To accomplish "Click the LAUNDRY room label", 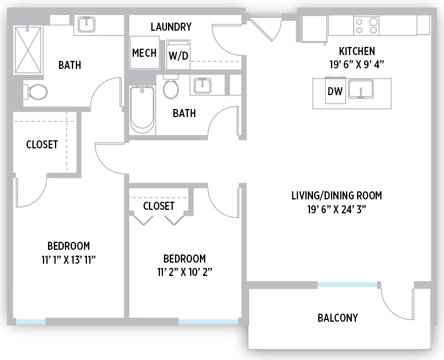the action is click(x=171, y=27).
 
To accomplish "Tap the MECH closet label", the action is click(x=144, y=53).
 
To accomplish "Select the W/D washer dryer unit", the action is click(x=179, y=54).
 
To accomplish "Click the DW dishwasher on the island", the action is click(x=335, y=90).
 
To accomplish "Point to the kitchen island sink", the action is click(x=361, y=89).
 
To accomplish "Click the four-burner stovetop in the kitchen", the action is click(x=366, y=26).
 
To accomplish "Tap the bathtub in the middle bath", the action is click(x=142, y=110).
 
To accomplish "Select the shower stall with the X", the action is click(x=28, y=50).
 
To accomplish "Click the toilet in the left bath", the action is click(x=35, y=92).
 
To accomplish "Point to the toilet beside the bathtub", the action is click(x=171, y=87).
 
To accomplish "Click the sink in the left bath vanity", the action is click(x=86, y=24).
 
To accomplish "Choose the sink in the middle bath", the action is click(x=202, y=86).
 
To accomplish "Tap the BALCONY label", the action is click(x=337, y=318).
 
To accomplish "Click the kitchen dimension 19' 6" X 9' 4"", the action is click(x=356, y=64).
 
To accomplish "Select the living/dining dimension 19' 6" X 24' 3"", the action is click(x=337, y=210).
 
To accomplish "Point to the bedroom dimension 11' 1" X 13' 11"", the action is click(x=68, y=260).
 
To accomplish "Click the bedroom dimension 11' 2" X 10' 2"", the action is click(x=185, y=272).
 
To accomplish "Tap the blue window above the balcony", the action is click(x=347, y=285).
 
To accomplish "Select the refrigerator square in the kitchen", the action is click(x=314, y=28).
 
